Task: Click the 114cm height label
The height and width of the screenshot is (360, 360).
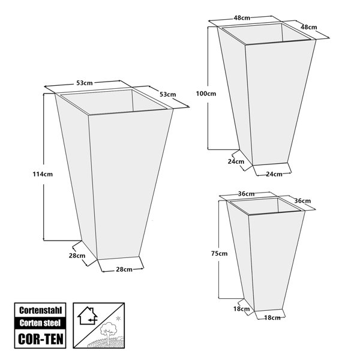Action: tap(43, 174)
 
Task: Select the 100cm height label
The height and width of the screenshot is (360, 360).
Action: tap(206, 94)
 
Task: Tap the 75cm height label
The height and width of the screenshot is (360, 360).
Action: tap(219, 253)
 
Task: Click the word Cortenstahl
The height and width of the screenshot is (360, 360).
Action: tap(40, 310)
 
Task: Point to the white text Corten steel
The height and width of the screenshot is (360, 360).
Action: tap(40, 323)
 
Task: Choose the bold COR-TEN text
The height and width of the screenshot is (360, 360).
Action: tap(40, 339)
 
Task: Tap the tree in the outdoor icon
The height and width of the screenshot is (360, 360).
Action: tap(108, 331)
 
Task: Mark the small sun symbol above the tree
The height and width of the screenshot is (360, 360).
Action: tap(118, 319)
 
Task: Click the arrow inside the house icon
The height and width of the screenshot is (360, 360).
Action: tap(93, 319)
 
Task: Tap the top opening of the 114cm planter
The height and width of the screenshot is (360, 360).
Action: tap(114, 103)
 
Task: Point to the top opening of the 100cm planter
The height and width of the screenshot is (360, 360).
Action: tap(267, 34)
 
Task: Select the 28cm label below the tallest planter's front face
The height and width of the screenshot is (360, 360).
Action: tap(124, 269)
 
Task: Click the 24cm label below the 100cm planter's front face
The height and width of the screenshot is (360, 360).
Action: tap(274, 174)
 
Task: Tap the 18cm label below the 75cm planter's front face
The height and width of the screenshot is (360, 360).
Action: tap(272, 318)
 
